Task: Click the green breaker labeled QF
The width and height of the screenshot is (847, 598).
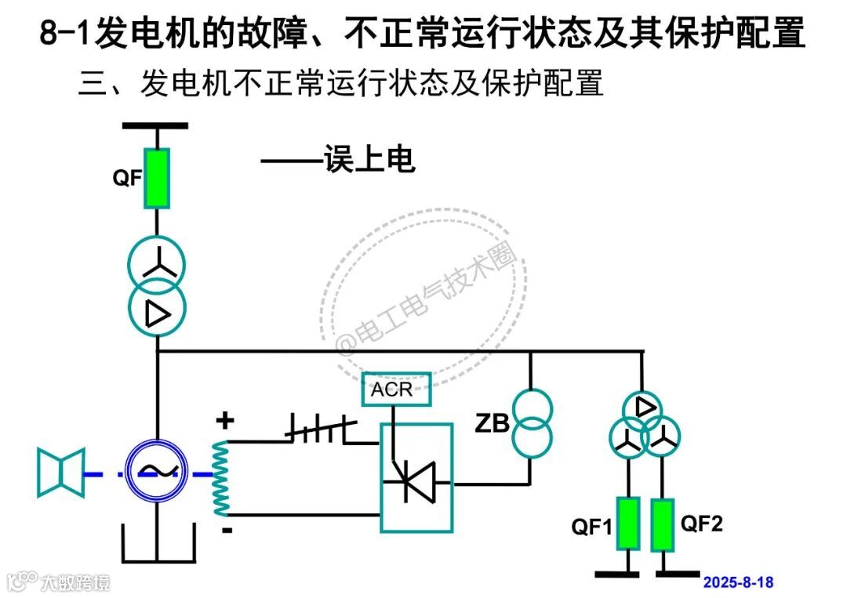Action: click(x=157, y=179)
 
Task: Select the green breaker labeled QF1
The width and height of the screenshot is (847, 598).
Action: click(x=627, y=524)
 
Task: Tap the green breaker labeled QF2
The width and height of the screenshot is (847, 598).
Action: click(x=663, y=524)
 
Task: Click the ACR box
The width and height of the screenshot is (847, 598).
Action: click(x=396, y=390)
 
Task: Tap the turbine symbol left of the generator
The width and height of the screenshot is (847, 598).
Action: click(x=60, y=472)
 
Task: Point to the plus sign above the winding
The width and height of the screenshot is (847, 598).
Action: click(x=225, y=421)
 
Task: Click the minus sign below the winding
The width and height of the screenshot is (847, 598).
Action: click(x=226, y=531)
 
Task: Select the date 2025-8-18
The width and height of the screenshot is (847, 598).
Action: click(x=738, y=582)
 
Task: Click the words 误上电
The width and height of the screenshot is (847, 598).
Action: click(x=369, y=160)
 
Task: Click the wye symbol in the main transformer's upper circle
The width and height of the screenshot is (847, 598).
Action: click(x=157, y=263)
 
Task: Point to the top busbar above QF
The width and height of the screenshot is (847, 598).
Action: click(x=155, y=125)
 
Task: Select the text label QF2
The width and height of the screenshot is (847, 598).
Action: click(x=701, y=524)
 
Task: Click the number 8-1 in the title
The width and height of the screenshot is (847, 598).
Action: click(x=65, y=34)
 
